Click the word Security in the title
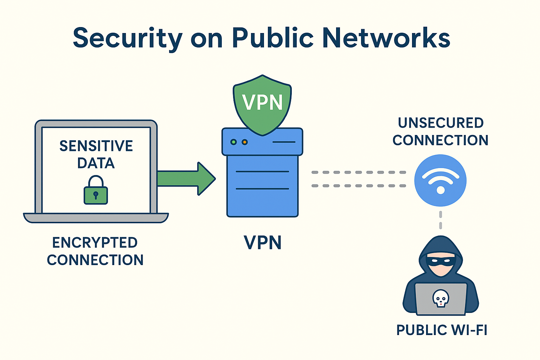click(128, 38)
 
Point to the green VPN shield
click(262, 104)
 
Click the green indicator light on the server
click(233, 142)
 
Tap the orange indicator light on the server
click(245, 142)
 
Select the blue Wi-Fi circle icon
click(440, 180)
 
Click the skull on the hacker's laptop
click(441, 298)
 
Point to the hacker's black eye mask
click(441, 261)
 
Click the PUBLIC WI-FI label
click(442, 330)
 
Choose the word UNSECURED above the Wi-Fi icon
click(441, 123)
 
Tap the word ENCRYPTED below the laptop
click(95, 243)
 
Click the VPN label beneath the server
click(263, 243)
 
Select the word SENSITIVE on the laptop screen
click(96, 146)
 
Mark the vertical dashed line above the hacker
click(441, 220)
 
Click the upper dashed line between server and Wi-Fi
click(359, 172)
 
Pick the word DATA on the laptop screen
click(96, 163)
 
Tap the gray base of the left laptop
click(96, 218)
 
